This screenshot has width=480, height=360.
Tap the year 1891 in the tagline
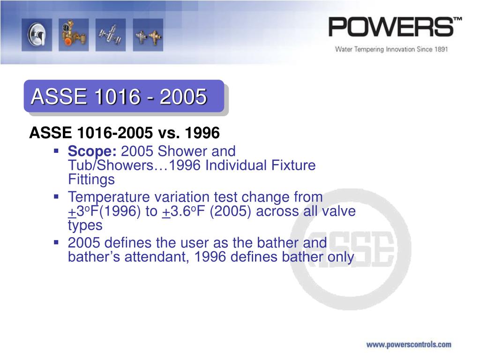(439, 49)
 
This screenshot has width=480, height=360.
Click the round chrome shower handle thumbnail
(37, 35)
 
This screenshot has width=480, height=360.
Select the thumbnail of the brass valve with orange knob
(73, 35)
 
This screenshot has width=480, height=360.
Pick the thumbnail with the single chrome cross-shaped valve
(110, 35)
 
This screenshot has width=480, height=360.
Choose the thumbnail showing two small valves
(148, 35)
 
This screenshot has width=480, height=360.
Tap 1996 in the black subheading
(202, 133)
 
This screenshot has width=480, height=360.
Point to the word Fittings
(91, 180)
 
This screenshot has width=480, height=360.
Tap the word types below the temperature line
(85, 225)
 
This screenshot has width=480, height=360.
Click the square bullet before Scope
(56, 151)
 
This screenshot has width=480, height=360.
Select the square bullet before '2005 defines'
(56, 242)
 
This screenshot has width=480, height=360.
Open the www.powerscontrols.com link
(408, 345)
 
